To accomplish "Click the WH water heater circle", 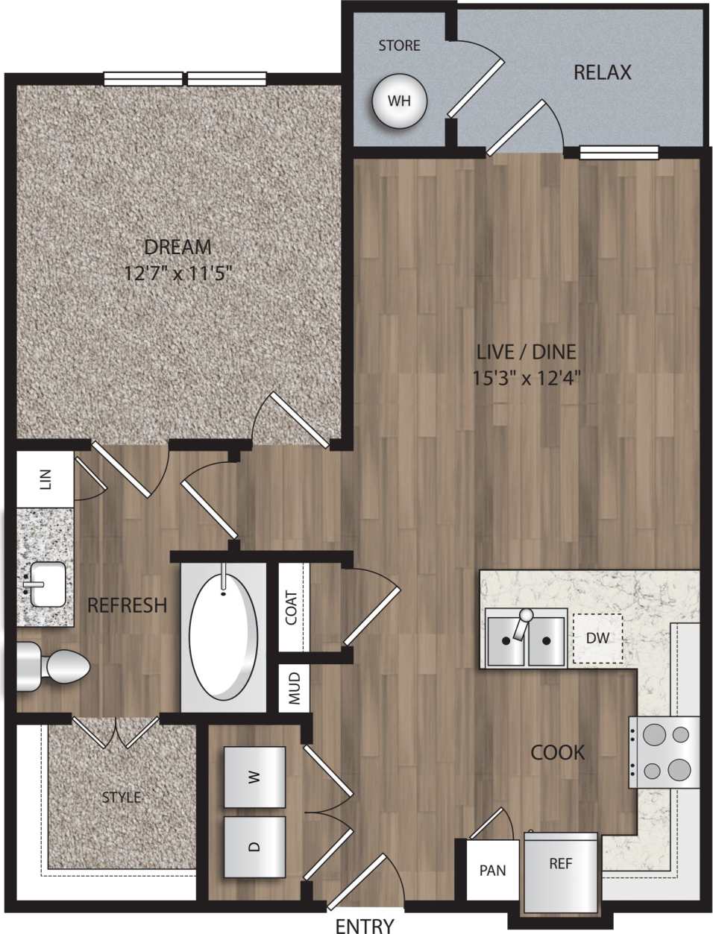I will (x=399, y=101).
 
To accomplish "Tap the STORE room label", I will (x=399, y=46).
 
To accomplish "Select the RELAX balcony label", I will (x=602, y=72).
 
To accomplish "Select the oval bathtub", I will (x=223, y=634).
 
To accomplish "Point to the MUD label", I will (x=294, y=690).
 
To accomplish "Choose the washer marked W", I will (x=254, y=777).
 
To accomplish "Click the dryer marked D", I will (x=254, y=846).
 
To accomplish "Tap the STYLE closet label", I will (x=121, y=798).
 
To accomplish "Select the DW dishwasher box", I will (x=597, y=638).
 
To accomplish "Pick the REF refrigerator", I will (x=561, y=865).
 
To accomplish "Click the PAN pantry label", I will (x=492, y=870).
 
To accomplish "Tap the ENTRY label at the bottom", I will (x=365, y=926).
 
